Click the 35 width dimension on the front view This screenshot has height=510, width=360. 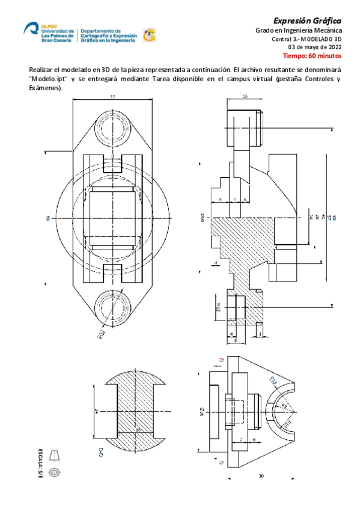click(x=112, y=96)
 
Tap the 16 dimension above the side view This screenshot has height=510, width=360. click(x=245, y=96)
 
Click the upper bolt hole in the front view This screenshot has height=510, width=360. click(x=112, y=128)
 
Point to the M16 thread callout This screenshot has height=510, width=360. click(x=101, y=333)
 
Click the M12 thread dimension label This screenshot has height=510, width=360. click(x=219, y=309)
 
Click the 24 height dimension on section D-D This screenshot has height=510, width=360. click(x=96, y=411)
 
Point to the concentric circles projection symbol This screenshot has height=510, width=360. click(x=55, y=472)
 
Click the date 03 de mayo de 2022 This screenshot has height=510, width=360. click(x=315, y=47)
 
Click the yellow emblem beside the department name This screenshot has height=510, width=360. click(x=148, y=35)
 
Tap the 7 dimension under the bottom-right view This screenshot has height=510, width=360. click(x=241, y=440)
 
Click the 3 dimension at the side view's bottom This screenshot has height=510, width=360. click(x=260, y=333)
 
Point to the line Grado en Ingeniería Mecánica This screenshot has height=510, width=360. click(x=299, y=30)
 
